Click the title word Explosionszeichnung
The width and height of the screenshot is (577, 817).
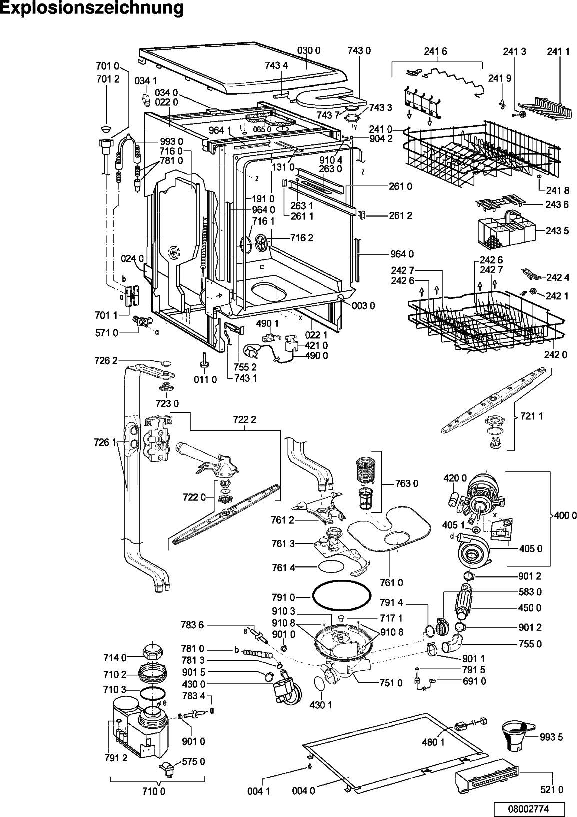(x=92, y=9)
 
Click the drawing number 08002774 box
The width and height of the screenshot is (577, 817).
(x=529, y=808)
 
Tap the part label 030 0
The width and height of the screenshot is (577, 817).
(x=309, y=50)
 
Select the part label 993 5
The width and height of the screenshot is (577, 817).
(x=552, y=737)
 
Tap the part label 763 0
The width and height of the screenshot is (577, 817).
(x=407, y=483)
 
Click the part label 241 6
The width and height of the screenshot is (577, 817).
(x=436, y=51)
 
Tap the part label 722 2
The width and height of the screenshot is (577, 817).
(x=244, y=419)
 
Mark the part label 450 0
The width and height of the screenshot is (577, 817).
(x=531, y=608)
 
